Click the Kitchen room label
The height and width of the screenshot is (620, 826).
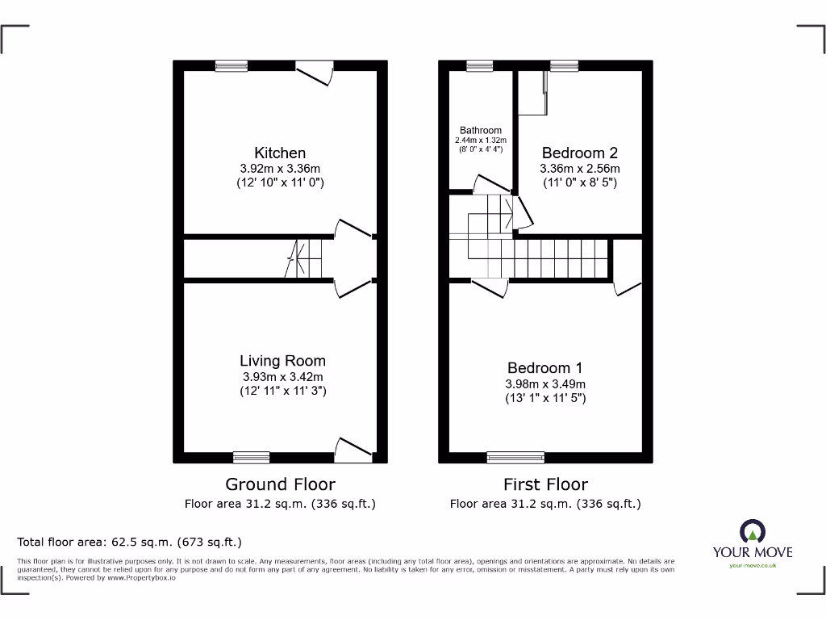pyautogui.click(x=280, y=153)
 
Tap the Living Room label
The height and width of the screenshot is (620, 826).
pyautogui.click(x=282, y=361)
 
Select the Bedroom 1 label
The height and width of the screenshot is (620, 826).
pyautogui.click(x=545, y=368)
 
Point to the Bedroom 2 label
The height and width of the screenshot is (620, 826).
pyautogui.click(x=579, y=153)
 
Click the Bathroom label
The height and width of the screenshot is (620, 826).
pyautogui.click(x=481, y=130)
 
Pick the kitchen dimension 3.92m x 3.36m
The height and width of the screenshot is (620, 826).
pyautogui.click(x=280, y=169)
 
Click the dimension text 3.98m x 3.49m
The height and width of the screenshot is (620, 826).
pyautogui.click(x=545, y=383)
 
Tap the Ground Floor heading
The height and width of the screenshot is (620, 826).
pyautogui.click(x=280, y=484)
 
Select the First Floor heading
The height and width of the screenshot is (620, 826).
pyautogui.click(x=545, y=484)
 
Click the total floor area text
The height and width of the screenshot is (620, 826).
pyautogui.click(x=130, y=542)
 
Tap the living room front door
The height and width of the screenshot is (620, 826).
pyautogui.click(x=353, y=450)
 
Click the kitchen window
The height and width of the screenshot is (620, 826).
pyautogui.click(x=232, y=66)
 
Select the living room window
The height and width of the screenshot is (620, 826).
pyautogui.click(x=251, y=458)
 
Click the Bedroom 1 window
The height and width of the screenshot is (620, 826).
pyautogui.click(x=515, y=458)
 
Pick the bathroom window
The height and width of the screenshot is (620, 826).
pyautogui.click(x=480, y=66)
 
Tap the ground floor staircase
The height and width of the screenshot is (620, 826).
pyautogui.click(x=306, y=258)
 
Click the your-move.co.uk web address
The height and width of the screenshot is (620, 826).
pyautogui.click(x=752, y=566)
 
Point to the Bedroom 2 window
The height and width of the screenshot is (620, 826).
pyautogui.click(x=564, y=66)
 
